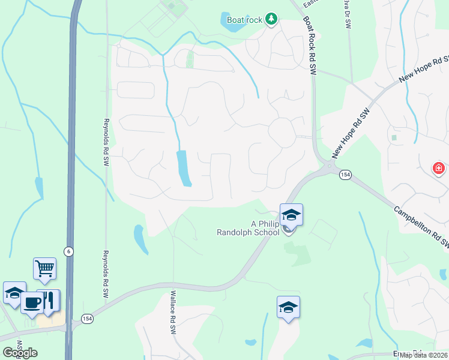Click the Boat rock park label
coord(245,20)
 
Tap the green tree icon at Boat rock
coord(271,19)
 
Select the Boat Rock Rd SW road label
coord(309,45)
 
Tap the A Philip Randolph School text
coord(248,228)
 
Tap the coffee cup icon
coord(32,301)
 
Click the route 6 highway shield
coord(70,252)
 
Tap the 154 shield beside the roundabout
coord(345,175)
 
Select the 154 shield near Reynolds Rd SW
coord(86,317)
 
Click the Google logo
coord(19,352)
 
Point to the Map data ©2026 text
coord(423,355)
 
